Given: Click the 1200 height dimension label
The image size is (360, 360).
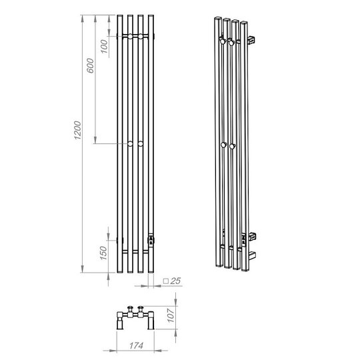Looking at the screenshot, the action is click(x=77, y=130).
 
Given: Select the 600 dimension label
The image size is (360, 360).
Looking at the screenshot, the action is click(x=90, y=65).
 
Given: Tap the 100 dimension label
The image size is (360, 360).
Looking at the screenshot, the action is click(x=104, y=47).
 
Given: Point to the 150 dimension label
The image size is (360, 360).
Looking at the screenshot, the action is click(x=103, y=253).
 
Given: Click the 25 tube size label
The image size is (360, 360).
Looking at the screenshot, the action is click(x=175, y=281).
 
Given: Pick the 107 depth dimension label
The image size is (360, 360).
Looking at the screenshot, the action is click(x=171, y=315).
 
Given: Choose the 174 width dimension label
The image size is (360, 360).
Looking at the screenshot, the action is click(x=137, y=345).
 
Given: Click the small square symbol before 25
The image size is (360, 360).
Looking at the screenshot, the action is click(x=166, y=281).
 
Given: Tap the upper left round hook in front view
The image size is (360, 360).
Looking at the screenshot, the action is click(x=130, y=36).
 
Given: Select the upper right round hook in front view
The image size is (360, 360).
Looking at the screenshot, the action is click(x=141, y=36).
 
